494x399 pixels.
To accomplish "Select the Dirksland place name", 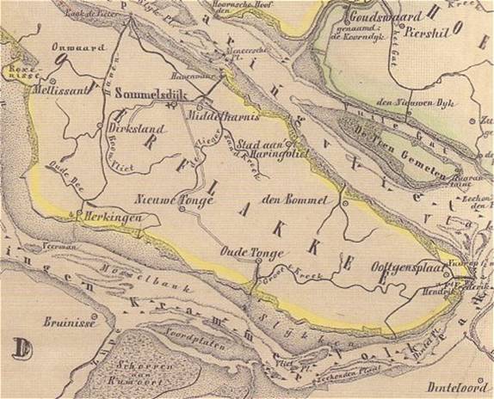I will coord(136,123).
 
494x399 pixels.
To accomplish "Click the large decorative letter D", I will coord(21,349).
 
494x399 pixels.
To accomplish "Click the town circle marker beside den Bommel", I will coord(343,205).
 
